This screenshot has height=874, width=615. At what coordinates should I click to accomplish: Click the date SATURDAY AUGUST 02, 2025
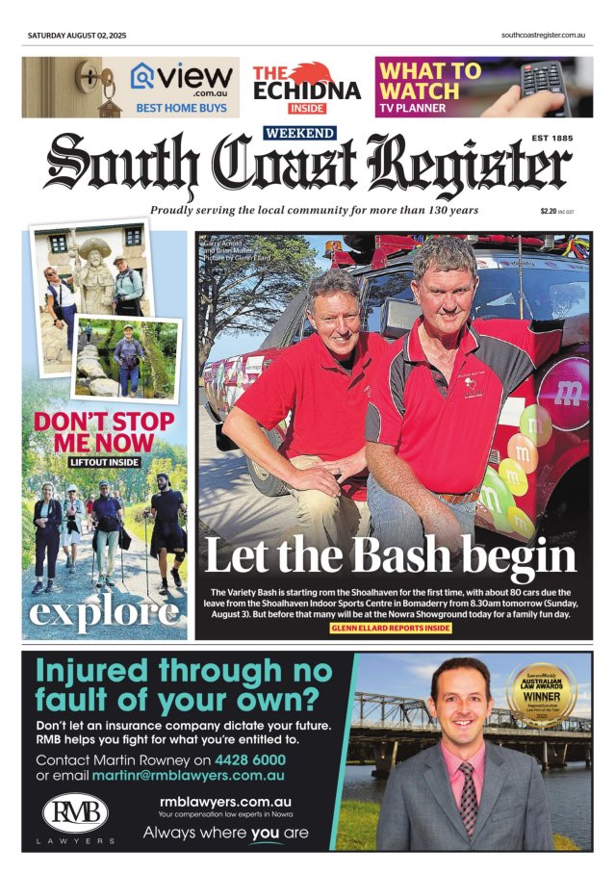(x=76, y=36)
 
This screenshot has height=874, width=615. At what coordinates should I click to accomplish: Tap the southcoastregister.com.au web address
(x=544, y=36)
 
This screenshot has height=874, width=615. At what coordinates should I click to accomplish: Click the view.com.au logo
(x=182, y=77)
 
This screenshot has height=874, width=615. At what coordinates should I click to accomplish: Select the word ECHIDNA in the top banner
(x=307, y=90)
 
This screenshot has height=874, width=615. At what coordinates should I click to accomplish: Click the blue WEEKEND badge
(x=299, y=133)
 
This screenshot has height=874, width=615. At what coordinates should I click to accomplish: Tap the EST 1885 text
(x=551, y=139)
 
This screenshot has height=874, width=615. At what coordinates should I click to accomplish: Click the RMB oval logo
(x=75, y=813)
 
